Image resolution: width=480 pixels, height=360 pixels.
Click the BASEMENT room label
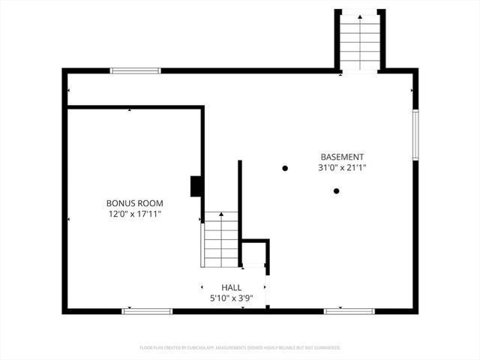pyautogui.click(x=343, y=157)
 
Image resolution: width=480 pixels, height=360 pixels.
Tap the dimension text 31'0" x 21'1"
pyautogui.click(x=343, y=168)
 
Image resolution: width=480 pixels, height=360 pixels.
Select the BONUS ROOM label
pyautogui.click(x=135, y=203)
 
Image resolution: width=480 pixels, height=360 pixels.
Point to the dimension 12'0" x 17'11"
pyautogui.click(x=135, y=214)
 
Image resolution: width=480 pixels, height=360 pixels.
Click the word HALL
pyautogui.click(x=231, y=287)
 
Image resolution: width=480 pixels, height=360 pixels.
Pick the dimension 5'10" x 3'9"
pyautogui.click(x=231, y=298)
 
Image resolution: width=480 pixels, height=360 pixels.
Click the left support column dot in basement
pyautogui.click(x=285, y=168)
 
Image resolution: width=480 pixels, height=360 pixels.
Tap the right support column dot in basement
pyautogui.click(x=337, y=190)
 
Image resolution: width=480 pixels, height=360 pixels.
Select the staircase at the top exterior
pyautogui.click(x=360, y=43)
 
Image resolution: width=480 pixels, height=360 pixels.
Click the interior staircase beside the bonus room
pyautogui.click(x=220, y=240)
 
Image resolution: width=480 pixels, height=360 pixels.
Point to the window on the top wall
pyautogui.click(x=136, y=71)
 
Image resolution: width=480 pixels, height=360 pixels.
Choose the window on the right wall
pyautogui.click(x=415, y=134)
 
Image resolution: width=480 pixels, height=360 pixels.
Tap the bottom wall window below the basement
pyautogui.click(x=349, y=310)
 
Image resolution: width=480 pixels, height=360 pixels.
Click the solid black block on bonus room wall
pyautogui.click(x=196, y=186)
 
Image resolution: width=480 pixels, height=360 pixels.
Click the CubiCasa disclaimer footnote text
pyautogui.click(x=240, y=348)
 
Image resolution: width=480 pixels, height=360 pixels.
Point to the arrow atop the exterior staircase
pyautogui.click(x=360, y=15)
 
